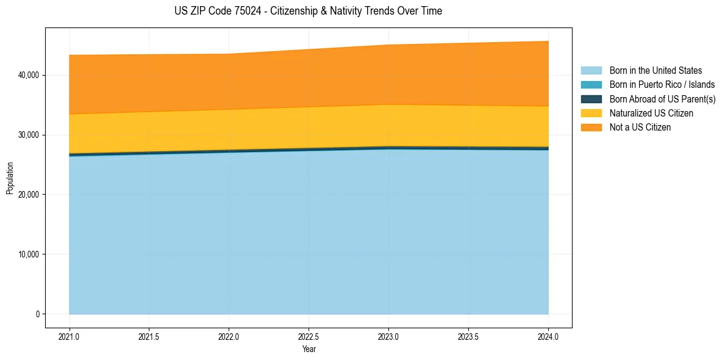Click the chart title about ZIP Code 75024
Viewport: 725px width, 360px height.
(x=308, y=11)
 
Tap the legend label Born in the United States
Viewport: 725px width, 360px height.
(x=655, y=71)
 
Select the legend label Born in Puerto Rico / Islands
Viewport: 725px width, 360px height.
(x=662, y=85)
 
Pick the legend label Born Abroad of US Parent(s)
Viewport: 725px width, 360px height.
(x=662, y=99)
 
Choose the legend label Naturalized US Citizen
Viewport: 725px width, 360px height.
(x=651, y=113)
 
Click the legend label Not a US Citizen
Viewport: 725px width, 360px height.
(x=640, y=128)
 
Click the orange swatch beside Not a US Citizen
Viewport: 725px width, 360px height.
(x=591, y=128)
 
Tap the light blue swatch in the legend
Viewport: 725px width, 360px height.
(x=591, y=71)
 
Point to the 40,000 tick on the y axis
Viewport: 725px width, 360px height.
(x=29, y=75)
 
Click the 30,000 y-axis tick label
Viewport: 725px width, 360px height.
(x=29, y=135)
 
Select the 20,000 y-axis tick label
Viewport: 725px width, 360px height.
(x=29, y=195)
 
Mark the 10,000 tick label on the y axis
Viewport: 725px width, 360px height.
(x=29, y=254)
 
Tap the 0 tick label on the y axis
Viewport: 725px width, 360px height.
(x=37, y=314)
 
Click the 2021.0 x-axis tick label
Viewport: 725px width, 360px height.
(x=70, y=336)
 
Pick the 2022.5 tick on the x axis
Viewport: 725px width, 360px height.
(x=309, y=336)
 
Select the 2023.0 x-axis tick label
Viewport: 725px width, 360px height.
(x=388, y=336)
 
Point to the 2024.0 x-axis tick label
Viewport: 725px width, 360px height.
(x=548, y=336)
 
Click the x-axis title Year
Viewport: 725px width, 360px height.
(x=309, y=349)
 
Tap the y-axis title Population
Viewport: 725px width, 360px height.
(x=10, y=178)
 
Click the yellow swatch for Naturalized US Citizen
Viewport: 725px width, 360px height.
(x=591, y=113)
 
